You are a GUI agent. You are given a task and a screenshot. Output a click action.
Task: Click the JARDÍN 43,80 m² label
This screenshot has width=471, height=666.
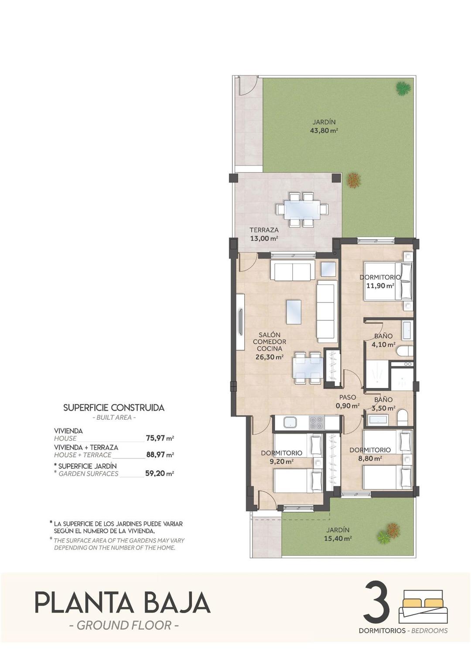coord(324,126)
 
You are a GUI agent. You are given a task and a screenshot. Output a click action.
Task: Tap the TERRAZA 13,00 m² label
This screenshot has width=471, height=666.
coord(264,234)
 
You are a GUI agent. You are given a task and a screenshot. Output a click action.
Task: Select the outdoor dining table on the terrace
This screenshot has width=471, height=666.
coord(302,210)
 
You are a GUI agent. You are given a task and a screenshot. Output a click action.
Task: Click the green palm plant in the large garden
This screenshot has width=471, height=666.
coord(403,88)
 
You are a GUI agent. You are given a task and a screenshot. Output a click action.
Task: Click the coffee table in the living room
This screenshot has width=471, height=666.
coord(294,312)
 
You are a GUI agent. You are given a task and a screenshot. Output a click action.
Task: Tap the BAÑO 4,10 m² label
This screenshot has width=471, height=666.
coord(383,340)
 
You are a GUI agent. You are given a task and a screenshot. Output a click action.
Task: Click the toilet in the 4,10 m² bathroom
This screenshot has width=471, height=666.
coord(404,351)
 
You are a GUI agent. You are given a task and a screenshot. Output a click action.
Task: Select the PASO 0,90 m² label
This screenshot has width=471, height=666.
coord(348,401)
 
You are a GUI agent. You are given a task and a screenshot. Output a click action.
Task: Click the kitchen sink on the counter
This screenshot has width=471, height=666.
coord(290,422)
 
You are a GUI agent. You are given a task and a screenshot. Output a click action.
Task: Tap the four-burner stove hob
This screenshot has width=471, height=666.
coord(316,423)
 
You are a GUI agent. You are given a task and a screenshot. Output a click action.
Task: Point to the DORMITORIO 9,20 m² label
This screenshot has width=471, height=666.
coord(281,457)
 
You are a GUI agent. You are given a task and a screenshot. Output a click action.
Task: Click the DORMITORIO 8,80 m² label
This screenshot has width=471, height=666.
coord(370,454)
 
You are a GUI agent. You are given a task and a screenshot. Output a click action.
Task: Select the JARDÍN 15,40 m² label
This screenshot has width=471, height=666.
coord(338,534)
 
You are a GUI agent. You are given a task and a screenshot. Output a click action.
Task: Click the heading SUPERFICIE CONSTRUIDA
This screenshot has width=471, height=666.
coord(114,408)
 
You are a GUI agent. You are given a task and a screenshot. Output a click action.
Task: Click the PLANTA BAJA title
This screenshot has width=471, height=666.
coord(123,602)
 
